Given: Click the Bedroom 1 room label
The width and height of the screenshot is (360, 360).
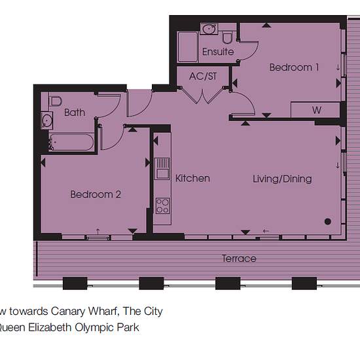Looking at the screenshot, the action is click(x=294, y=67).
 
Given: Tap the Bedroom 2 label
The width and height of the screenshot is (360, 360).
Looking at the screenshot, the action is click(x=96, y=194).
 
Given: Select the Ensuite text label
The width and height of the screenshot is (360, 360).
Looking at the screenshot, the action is click(x=218, y=52).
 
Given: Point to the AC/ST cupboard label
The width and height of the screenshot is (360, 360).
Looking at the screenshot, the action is click(x=203, y=76).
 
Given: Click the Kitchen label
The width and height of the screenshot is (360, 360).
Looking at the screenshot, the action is click(x=192, y=179).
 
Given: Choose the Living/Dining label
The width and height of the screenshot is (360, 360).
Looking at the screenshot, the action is click(x=282, y=179).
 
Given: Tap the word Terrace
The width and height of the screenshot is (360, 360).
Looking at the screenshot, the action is click(x=239, y=259).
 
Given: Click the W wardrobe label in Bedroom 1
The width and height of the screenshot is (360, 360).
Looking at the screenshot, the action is click(x=317, y=110).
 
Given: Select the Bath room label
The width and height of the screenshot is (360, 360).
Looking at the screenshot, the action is click(x=75, y=113).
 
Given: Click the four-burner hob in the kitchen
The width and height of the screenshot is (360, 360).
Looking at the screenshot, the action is click(x=162, y=206).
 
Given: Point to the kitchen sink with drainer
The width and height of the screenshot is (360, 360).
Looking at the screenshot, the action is click(x=162, y=168).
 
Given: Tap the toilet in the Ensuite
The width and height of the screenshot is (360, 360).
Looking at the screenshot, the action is click(x=227, y=38).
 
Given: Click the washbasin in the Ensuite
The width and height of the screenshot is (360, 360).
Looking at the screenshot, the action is click(x=209, y=29).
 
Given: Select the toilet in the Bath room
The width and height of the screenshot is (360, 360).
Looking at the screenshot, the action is click(x=56, y=101).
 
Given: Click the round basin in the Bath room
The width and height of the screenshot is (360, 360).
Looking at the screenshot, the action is click(x=47, y=120).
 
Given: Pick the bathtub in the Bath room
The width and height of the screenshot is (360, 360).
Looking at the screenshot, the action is click(x=71, y=142).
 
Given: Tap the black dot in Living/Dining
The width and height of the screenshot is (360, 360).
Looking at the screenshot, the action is click(x=328, y=221).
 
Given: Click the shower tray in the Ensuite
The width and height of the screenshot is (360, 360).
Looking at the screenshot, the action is click(x=188, y=47).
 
